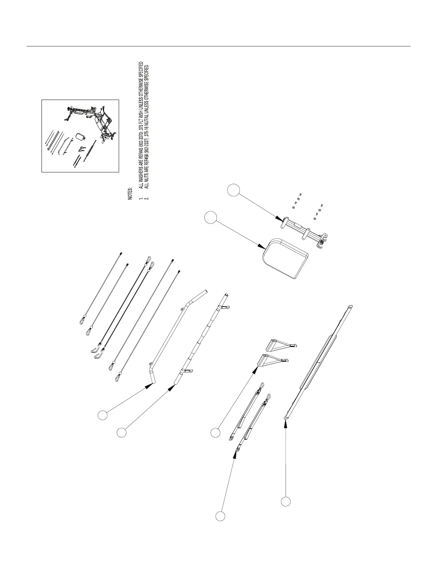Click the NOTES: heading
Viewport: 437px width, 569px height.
(130, 193)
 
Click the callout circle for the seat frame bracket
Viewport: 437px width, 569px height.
(233, 190)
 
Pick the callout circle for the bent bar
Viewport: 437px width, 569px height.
(103, 415)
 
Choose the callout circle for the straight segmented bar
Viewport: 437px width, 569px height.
(121, 433)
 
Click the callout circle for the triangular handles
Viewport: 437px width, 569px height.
(215, 433)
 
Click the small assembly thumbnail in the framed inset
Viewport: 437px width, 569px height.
(80, 136)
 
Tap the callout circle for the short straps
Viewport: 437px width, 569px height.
(220, 516)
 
